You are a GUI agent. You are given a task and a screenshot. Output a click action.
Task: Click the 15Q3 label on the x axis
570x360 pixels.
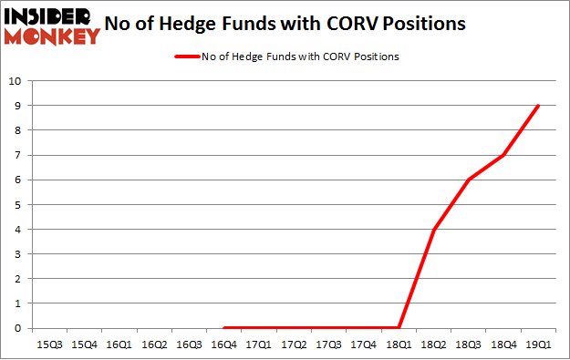(48, 345)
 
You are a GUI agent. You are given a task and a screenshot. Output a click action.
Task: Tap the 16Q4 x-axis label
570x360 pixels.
(223, 345)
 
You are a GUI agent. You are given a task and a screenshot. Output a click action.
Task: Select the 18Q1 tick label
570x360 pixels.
(399, 345)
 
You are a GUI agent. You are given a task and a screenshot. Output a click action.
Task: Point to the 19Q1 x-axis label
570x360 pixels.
(538, 345)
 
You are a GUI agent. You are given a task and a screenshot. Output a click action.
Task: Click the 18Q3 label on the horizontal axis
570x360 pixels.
(469, 345)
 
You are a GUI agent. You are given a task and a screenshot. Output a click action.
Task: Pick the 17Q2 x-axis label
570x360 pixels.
(294, 345)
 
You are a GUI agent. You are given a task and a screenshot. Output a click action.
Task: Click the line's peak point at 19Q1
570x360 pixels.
(538, 106)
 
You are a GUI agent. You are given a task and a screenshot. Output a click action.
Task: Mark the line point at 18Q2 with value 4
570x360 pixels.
(434, 229)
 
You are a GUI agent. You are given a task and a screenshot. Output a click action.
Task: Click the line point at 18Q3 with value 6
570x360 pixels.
(469, 180)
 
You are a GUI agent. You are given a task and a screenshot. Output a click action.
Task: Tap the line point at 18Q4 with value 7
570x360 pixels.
(503, 155)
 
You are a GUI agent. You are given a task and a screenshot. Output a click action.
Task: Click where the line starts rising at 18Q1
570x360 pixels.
(399, 328)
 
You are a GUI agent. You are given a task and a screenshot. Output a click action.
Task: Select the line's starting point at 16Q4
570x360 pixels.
(223, 328)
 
